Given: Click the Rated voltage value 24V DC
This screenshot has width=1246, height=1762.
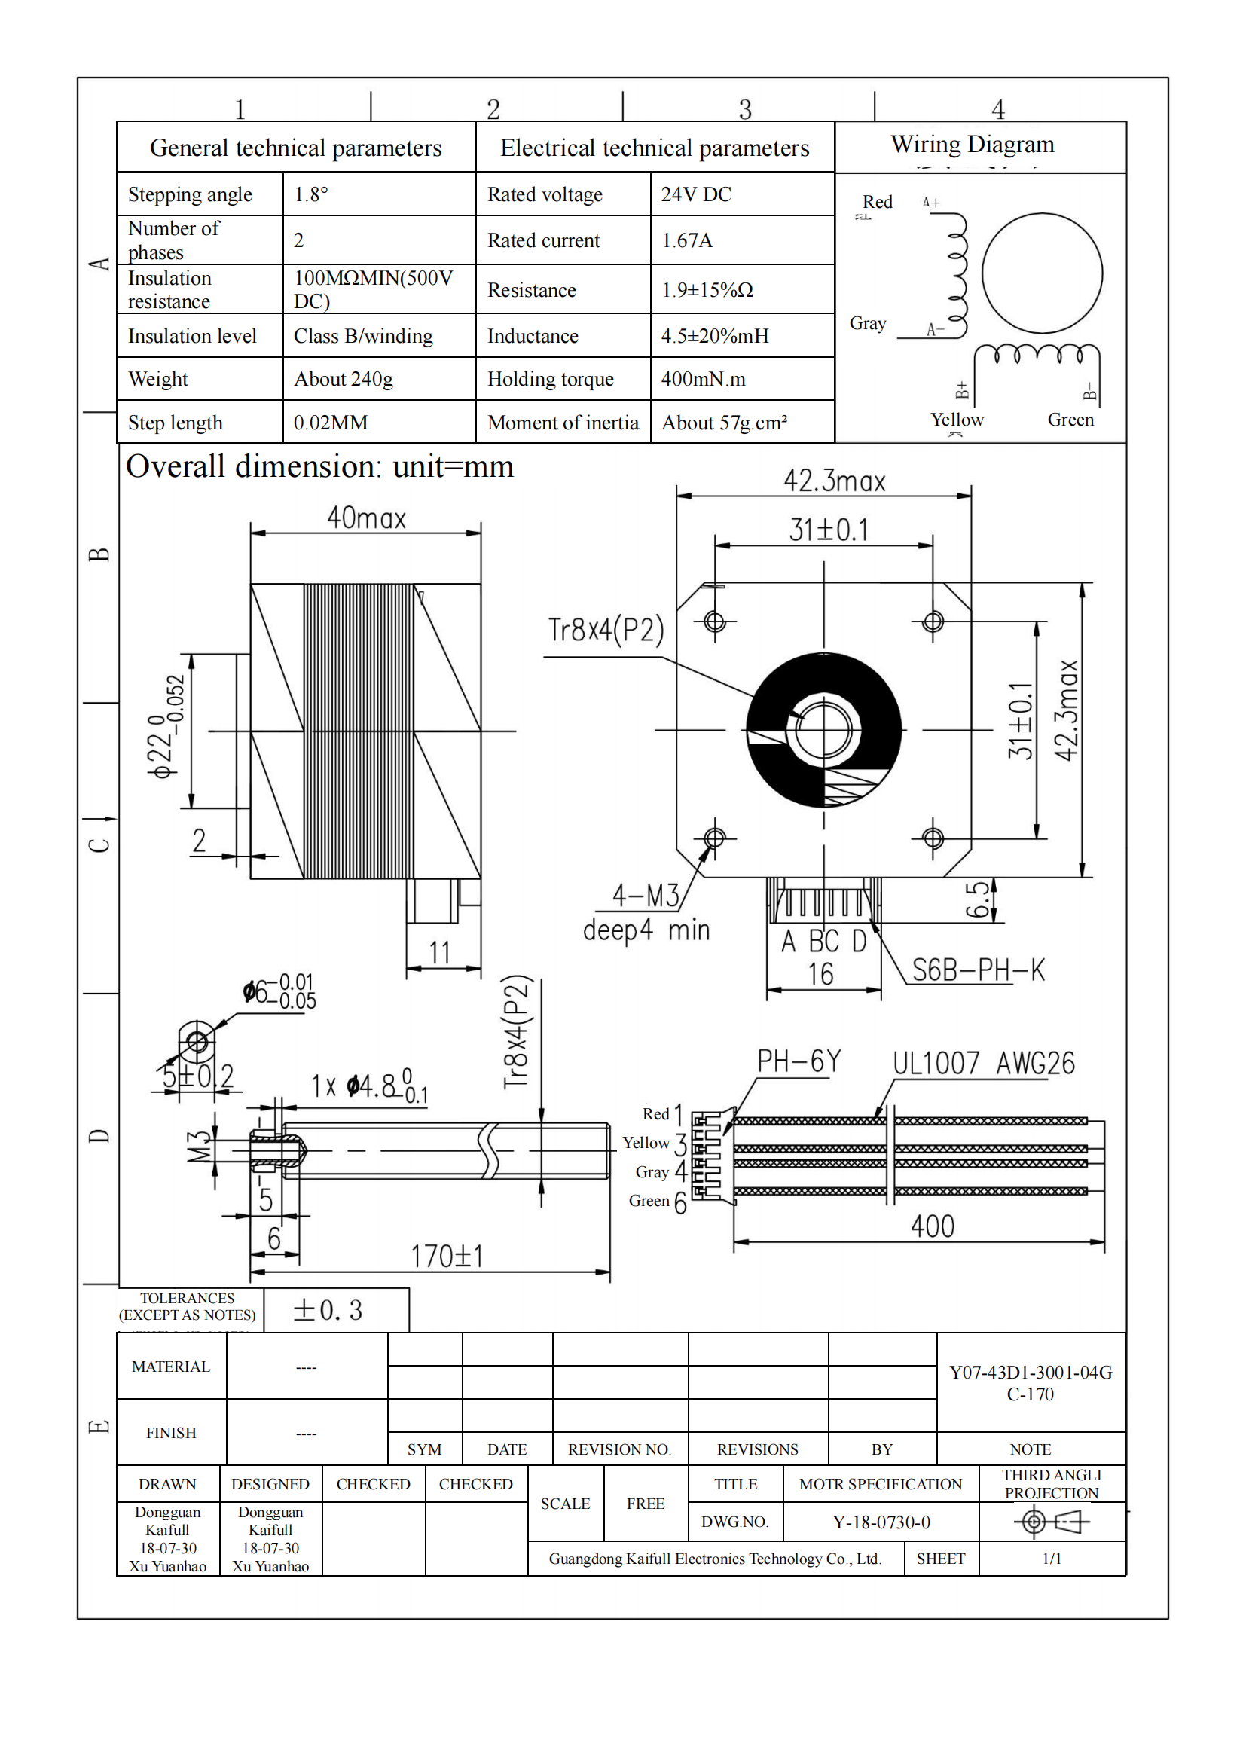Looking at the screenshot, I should click(x=696, y=194).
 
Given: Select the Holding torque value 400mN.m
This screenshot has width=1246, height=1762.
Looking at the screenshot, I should click(x=703, y=379).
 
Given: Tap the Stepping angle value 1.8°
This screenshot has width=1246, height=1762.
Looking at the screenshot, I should click(x=310, y=194).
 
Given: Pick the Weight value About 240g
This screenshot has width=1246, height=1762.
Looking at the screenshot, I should click(x=343, y=379).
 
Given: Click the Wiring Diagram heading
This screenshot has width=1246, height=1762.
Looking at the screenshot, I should click(x=972, y=145).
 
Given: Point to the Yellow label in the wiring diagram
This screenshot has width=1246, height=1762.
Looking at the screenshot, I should click(x=957, y=420).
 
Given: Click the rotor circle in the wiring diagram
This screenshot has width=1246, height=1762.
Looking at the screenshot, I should click(x=1042, y=273).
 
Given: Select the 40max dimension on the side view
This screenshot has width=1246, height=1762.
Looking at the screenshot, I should click(x=366, y=519).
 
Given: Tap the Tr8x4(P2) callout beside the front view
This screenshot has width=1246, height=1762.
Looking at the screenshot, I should click(x=606, y=630).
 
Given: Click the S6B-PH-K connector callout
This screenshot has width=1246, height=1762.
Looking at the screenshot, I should click(x=979, y=970).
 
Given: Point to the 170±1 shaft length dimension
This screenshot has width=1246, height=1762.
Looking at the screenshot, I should click(x=447, y=1257).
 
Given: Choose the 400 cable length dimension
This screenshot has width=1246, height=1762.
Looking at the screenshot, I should click(x=932, y=1226).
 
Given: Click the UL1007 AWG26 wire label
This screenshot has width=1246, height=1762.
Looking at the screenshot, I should click(x=984, y=1064).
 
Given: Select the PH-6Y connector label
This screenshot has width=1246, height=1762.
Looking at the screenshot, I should click(x=799, y=1061).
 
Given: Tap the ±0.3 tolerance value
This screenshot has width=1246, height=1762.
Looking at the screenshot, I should click(x=328, y=1310).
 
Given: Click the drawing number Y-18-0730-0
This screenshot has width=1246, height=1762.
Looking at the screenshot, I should click(x=881, y=1522).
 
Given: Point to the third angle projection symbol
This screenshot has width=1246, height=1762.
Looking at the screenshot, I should click(x=1052, y=1521).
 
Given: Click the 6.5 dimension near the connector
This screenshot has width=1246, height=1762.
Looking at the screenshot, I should click(x=978, y=899).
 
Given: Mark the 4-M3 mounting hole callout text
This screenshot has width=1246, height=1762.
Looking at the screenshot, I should click(x=646, y=895).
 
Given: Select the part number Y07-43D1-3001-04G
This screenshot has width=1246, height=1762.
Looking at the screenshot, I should click(x=1031, y=1372).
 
